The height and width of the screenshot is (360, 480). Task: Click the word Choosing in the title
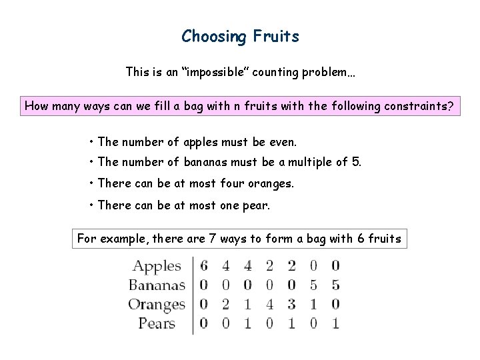tap(214, 37)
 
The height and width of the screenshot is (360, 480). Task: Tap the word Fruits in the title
tap(276, 36)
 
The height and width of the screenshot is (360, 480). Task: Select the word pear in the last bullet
tap(256, 205)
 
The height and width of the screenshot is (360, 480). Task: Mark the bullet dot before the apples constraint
tap(91, 142)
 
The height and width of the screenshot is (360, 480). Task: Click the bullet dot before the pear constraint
tap(91, 205)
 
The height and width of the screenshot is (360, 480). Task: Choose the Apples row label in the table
tap(157, 266)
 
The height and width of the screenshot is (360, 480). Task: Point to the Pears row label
tap(157, 324)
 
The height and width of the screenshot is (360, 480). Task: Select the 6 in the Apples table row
tap(204, 266)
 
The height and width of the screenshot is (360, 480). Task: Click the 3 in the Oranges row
tap(291, 305)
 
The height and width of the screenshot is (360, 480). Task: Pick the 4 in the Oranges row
tap(270, 305)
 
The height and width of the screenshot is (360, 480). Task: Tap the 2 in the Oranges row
tap(226, 305)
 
